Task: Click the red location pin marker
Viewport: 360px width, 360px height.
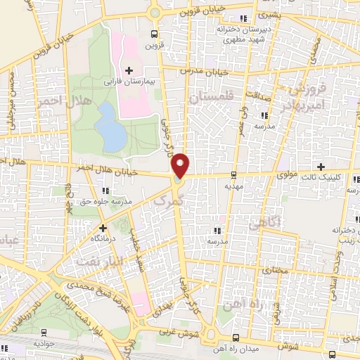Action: (x=181, y=165)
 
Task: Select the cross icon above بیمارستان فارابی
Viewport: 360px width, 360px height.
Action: (x=129, y=70)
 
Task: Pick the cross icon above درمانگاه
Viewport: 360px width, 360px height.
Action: (x=103, y=228)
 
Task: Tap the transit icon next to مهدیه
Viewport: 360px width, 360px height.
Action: (x=233, y=176)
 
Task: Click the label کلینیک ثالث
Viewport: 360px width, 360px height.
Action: (x=337, y=178)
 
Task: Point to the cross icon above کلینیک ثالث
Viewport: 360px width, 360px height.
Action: (x=321, y=167)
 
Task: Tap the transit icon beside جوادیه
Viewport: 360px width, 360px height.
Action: (x=44, y=333)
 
